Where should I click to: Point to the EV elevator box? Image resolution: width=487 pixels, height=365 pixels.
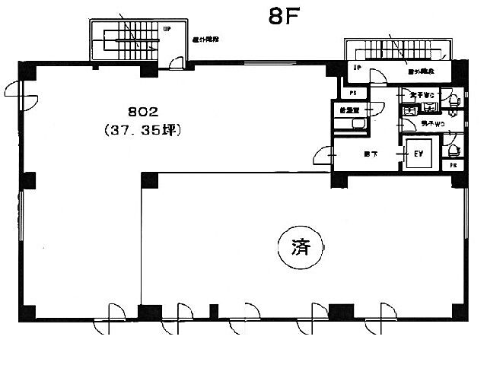(418, 154)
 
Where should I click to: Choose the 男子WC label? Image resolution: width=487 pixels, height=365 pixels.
(422, 123)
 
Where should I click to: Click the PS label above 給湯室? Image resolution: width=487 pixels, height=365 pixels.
(353, 94)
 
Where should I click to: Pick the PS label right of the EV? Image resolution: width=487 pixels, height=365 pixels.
(454, 163)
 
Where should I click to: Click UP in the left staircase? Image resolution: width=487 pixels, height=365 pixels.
(167, 29)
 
